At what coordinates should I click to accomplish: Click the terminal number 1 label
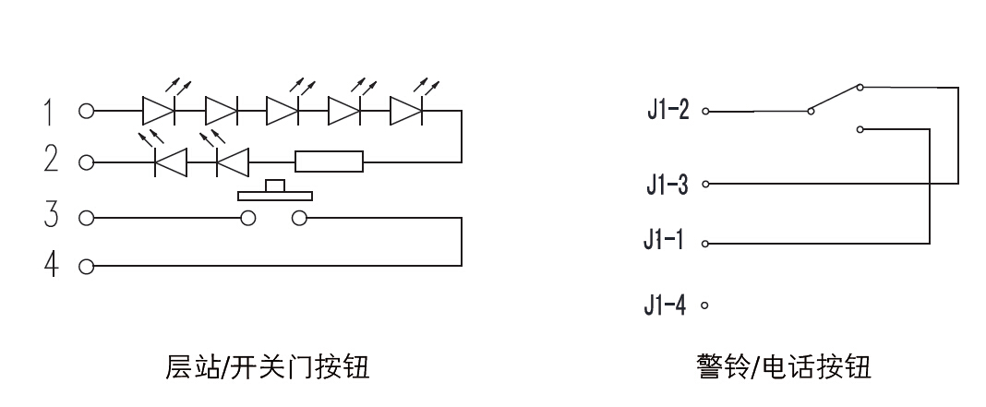point(50,112)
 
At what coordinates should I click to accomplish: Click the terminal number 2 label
point(50,162)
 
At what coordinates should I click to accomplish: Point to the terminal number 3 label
point(50,218)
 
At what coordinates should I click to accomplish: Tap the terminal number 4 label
point(50,268)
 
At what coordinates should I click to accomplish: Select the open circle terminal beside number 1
point(86,112)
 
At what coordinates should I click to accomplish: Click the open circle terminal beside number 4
point(86,268)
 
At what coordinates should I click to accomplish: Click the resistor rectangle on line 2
point(329,162)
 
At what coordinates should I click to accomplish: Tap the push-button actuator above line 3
point(275,192)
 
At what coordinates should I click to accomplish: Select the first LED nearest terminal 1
point(159,112)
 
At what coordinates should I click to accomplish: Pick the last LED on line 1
point(407,112)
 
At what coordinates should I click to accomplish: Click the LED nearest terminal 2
point(169,162)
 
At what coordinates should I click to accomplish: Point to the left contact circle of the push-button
point(247,219)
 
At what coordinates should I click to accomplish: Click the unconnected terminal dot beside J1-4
point(705,305)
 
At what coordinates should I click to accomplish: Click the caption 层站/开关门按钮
point(267,367)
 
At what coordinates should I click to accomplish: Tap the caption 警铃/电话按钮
point(783,367)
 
